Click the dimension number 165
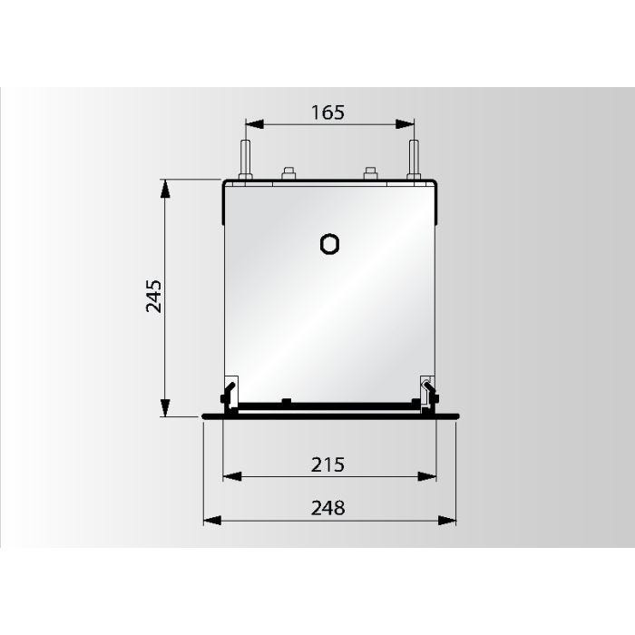pos(328,112)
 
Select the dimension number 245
pos(154,297)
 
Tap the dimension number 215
pos(327,464)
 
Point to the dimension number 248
pos(327,508)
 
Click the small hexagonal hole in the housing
pos(330,244)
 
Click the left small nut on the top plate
pos(288,173)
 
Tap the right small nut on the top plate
pos(370,173)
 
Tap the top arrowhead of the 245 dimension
pos(165,188)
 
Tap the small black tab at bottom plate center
pos(286,400)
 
